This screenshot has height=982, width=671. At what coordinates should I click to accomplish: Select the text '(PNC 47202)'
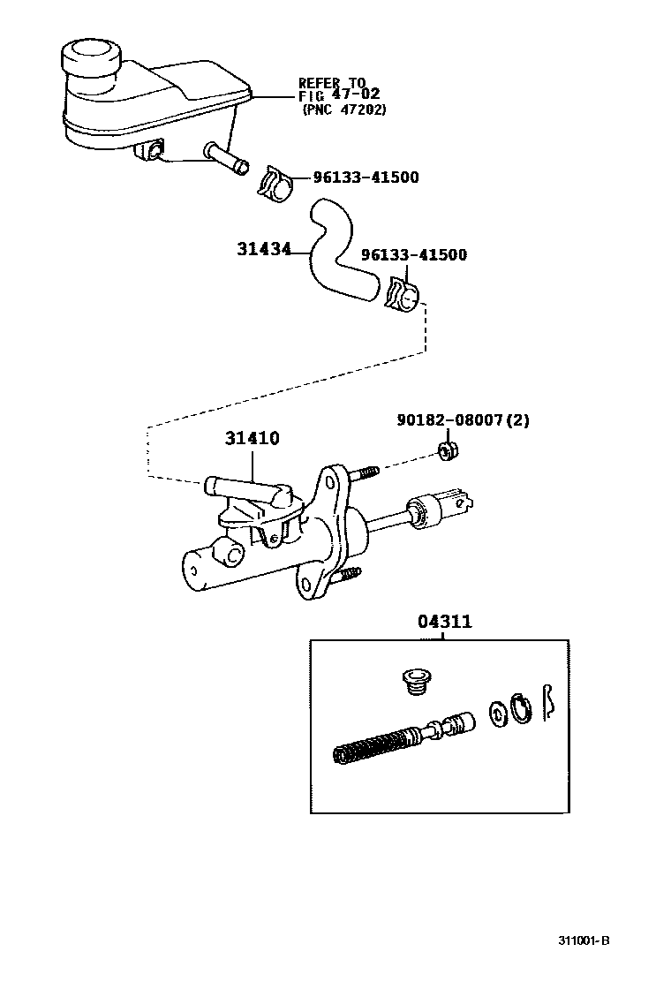pyautogui.click(x=344, y=110)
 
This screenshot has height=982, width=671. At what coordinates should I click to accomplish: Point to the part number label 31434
pyautogui.click(x=263, y=249)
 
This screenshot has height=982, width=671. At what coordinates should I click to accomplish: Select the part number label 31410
pyautogui.click(x=253, y=438)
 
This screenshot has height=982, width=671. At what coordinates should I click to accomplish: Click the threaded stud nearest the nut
pyautogui.click(x=364, y=473)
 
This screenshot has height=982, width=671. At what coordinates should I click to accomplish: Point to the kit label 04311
pyautogui.click(x=444, y=622)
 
